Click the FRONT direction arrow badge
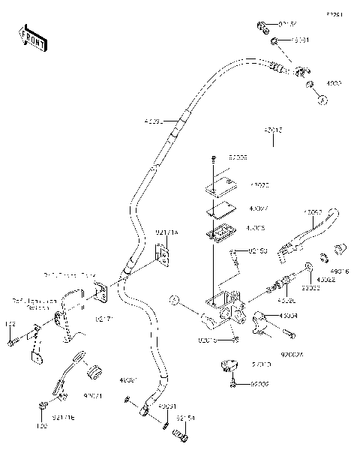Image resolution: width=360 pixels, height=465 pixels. (x=32, y=38)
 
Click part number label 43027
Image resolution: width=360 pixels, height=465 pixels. (x=258, y=209)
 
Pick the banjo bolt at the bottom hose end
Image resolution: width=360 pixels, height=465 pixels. (x=180, y=433)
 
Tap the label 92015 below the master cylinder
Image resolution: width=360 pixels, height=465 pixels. (x=208, y=340)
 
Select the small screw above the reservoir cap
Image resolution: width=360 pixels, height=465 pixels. (x=214, y=158)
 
